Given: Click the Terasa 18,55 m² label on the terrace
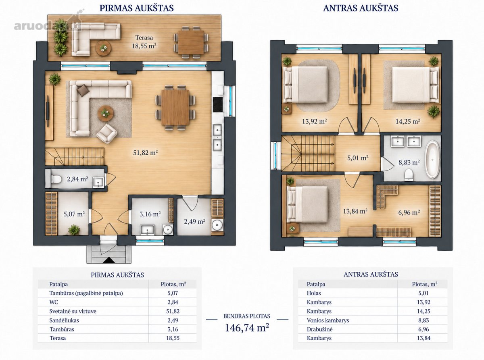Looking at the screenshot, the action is pyautogui.click(x=144, y=42).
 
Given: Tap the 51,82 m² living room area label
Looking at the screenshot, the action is pyautogui.click(x=145, y=152).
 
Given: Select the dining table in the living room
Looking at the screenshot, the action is pyautogui.click(x=175, y=108).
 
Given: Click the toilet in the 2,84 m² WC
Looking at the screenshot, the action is pyautogui.click(x=56, y=179).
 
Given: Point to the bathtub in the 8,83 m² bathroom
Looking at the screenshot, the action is pyautogui.click(x=433, y=160).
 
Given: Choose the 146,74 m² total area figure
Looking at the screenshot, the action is pyautogui.click(x=247, y=327).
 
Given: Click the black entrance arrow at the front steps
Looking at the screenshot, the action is pyautogui.click(x=109, y=260).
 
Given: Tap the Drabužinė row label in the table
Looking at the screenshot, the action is pyautogui.click(x=319, y=329).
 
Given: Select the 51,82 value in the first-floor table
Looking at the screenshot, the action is pyautogui.click(x=173, y=311).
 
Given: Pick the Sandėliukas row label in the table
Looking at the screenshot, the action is pyautogui.click(x=64, y=320).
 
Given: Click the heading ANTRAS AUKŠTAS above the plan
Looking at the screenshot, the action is pyautogui.click(x=361, y=8).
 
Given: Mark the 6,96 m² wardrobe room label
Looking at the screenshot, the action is pyautogui.click(x=409, y=212).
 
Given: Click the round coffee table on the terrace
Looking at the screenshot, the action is pyautogui.click(x=103, y=48).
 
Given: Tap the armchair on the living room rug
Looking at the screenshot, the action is pyautogui.click(x=107, y=133).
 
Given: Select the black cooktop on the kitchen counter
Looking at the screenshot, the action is pyautogui.click(x=217, y=105).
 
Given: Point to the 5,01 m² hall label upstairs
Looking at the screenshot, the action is pyautogui.click(x=358, y=158).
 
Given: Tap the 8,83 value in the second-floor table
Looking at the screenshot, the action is pyautogui.click(x=423, y=320).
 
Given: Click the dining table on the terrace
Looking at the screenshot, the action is pyautogui.click(x=191, y=42).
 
